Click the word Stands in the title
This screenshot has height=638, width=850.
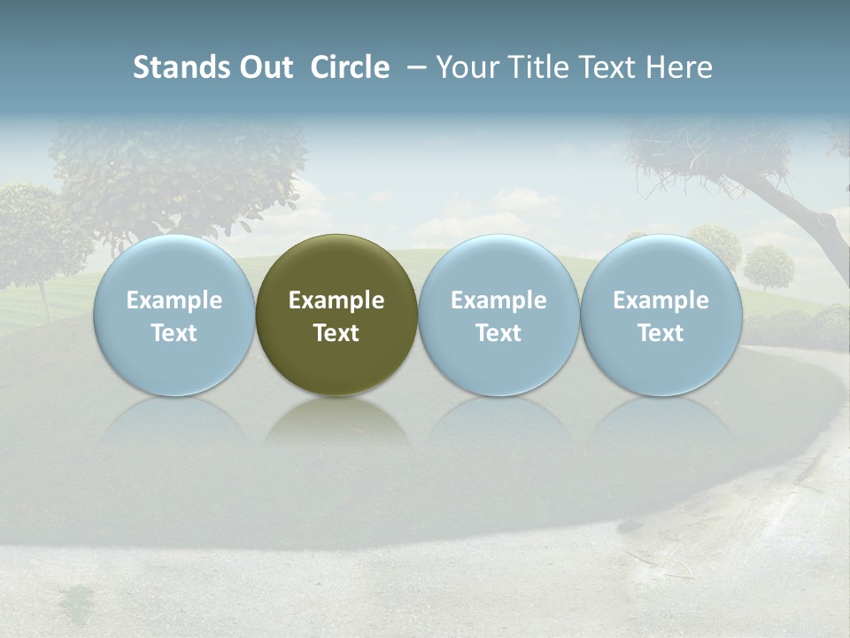click(174, 67)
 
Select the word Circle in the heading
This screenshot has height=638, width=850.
click(350, 67)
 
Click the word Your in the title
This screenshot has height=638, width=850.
click(463, 67)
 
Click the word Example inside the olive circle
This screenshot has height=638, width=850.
click(336, 300)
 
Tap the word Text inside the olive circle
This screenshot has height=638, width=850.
click(336, 333)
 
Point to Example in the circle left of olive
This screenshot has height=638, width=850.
click(174, 300)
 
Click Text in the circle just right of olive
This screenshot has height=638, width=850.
click(498, 333)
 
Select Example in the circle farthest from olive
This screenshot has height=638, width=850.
click(661, 300)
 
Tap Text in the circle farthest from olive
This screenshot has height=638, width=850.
click(661, 333)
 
